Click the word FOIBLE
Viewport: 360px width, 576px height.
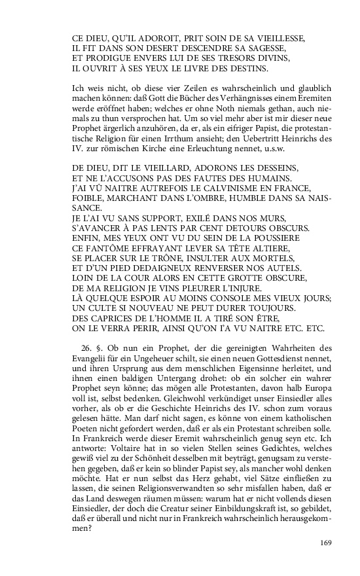pyautogui.click(x=89, y=198)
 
